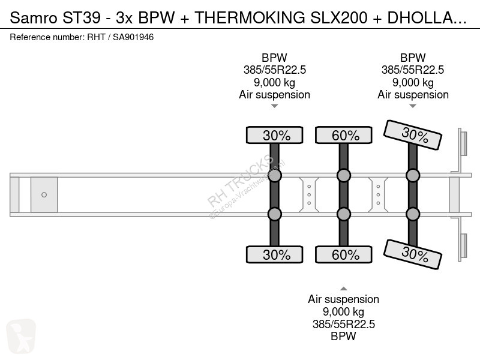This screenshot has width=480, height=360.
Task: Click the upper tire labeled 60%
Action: point(344,136)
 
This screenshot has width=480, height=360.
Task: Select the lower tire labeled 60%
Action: point(344,254)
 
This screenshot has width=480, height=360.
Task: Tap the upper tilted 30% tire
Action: point(414,134)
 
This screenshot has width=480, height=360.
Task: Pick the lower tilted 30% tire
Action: point(414,254)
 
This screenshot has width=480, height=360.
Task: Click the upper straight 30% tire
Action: point(275,136)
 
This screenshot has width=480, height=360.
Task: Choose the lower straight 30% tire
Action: point(275,254)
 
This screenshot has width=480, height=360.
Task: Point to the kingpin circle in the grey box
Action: point(44,194)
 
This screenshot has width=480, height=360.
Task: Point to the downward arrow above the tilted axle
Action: point(413,106)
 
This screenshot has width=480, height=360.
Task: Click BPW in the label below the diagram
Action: point(343,336)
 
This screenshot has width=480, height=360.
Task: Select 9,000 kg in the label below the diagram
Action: point(343,311)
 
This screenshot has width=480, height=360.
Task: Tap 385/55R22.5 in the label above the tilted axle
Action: point(413,70)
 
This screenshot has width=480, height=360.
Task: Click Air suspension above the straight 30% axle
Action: point(274,95)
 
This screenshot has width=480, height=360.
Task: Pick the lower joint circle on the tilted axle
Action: point(413,214)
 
